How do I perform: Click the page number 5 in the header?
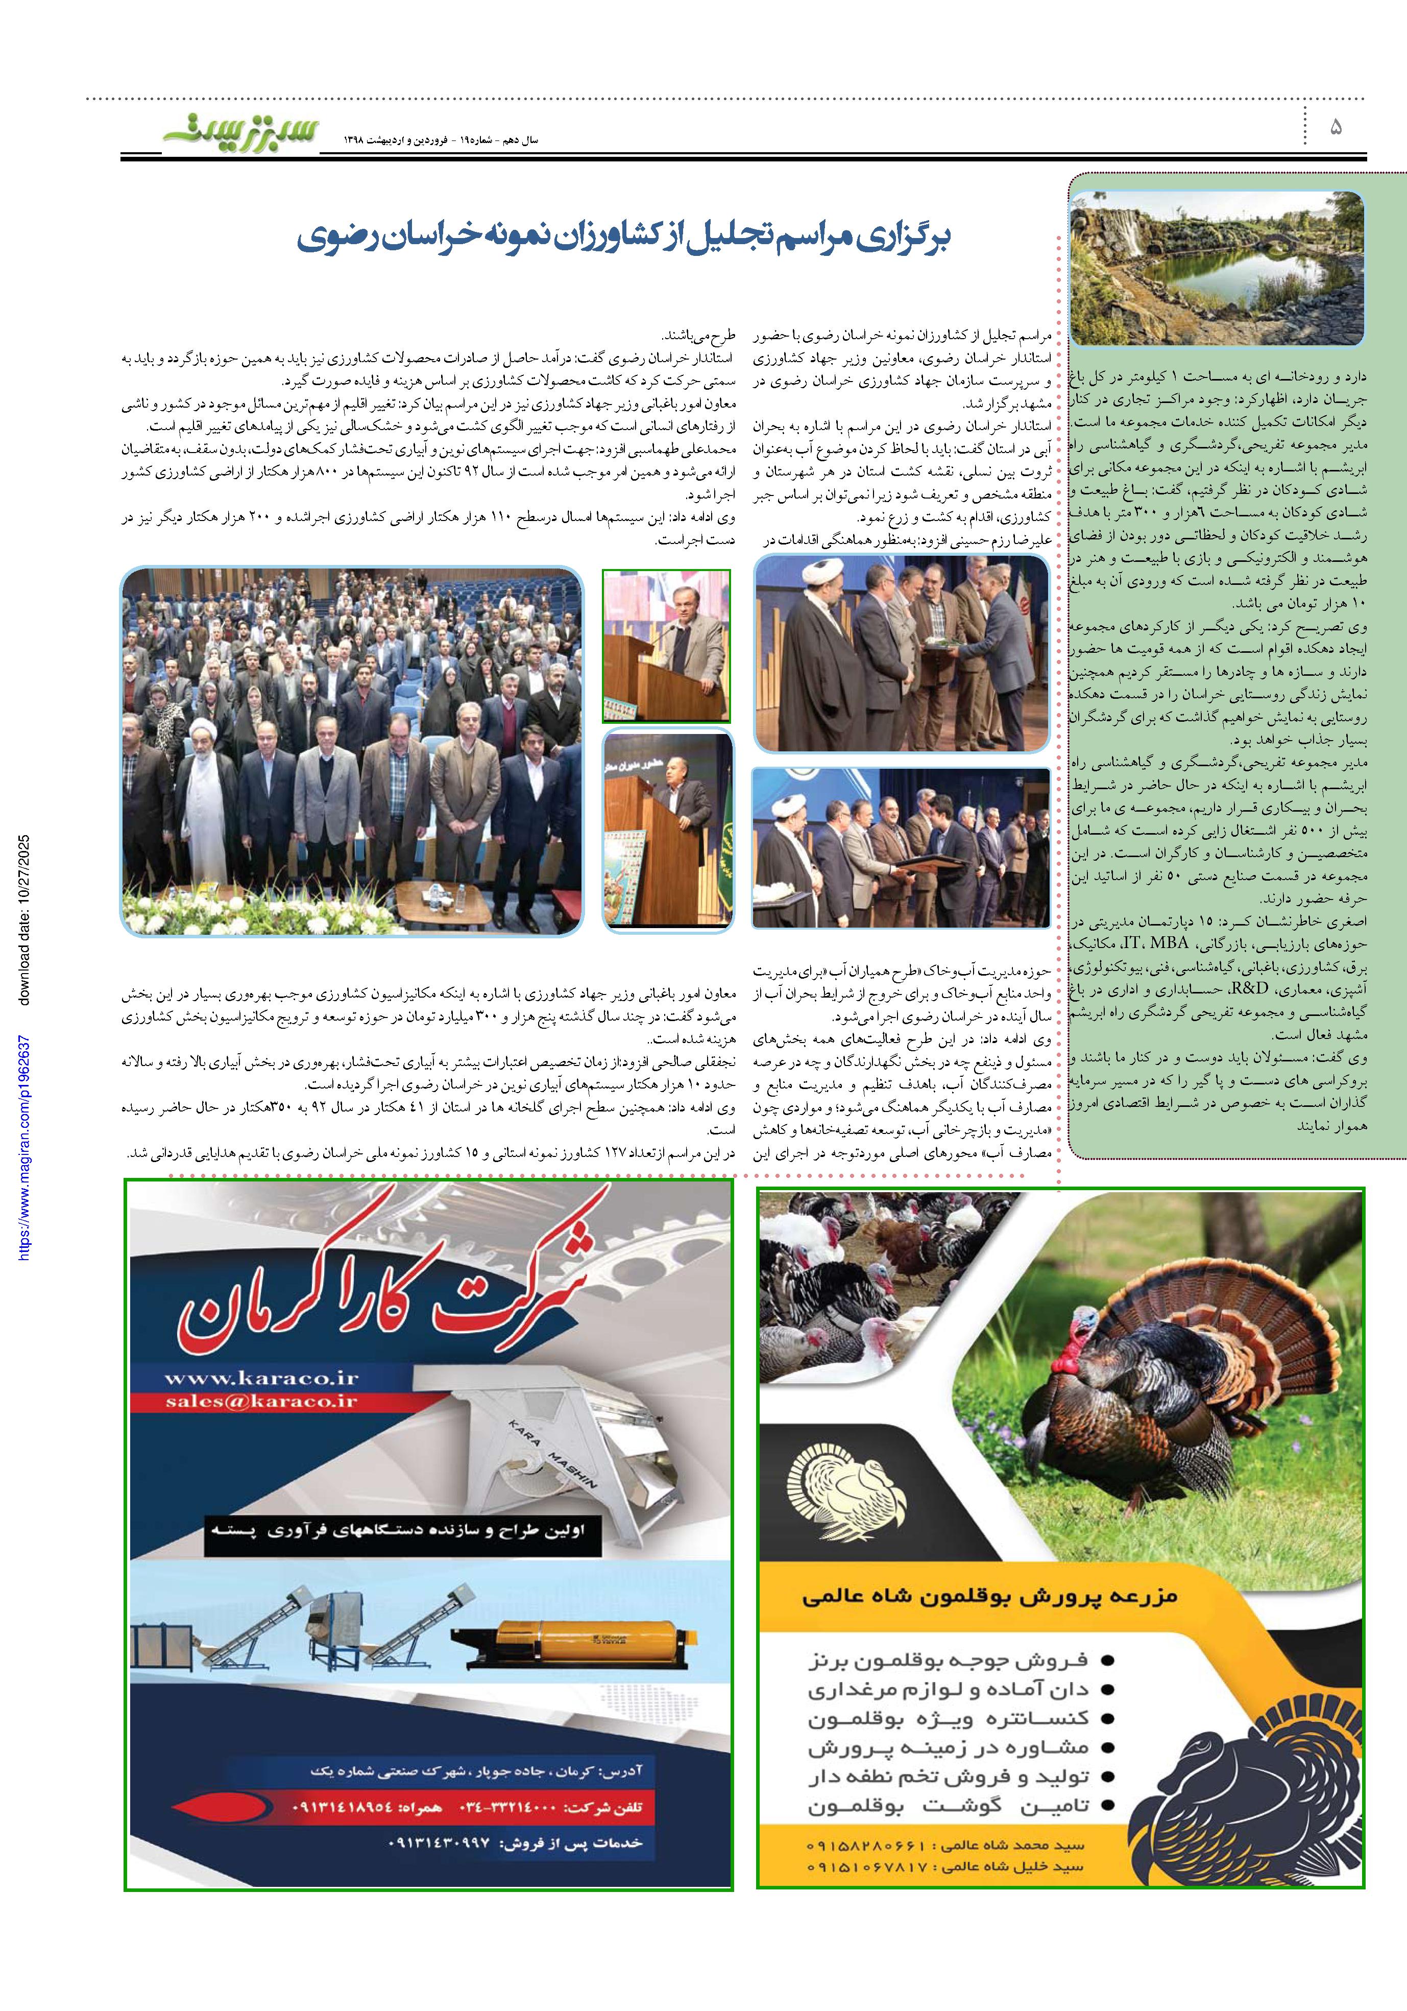(x=1335, y=128)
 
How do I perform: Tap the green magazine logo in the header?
(x=226, y=133)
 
